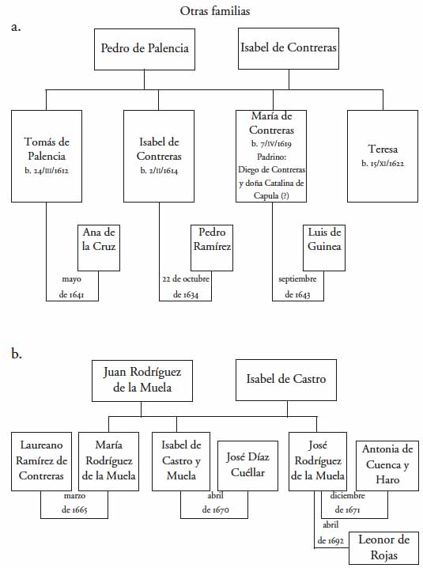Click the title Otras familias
(215, 11)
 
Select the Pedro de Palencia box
(145, 49)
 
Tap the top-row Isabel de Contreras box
(289, 48)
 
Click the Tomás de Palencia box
(47, 156)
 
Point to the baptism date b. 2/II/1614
(159, 171)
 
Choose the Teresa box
(383, 156)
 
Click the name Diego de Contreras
(272, 169)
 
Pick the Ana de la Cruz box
(99, 248)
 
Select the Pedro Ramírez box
(212, 248)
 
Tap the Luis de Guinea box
(324, 248)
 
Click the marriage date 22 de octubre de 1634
(186, 286)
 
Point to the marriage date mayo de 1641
(72, 286)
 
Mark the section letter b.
(17, 353)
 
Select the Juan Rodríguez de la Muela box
(142, 381)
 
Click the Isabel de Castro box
(286, 380)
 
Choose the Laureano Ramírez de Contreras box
(41, 461)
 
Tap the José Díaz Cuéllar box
(247, 466)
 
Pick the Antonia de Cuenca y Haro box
(387, 466)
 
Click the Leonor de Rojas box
(384, 548)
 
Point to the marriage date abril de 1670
(216, 502)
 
